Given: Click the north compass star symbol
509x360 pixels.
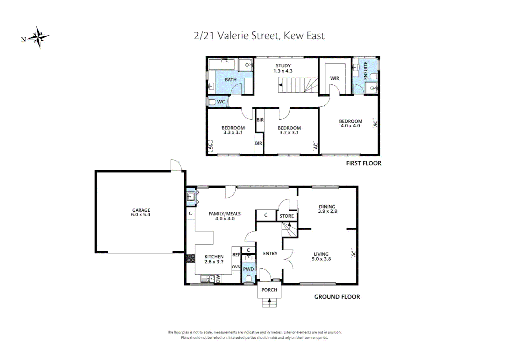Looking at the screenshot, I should coord(39,37).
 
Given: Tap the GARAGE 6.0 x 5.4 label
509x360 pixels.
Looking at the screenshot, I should coord(141,212).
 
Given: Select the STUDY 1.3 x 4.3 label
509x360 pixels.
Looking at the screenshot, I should coord(283,68).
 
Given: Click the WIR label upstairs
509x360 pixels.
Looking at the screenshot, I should coord(335,78).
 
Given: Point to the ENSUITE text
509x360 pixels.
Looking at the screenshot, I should coord(366,70).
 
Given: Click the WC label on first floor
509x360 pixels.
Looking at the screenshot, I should coord(221,102).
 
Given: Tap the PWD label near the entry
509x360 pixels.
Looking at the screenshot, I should coord(249,269).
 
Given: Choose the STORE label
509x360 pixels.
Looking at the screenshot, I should coord(286,216).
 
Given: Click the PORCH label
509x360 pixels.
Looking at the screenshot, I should coord(269,290).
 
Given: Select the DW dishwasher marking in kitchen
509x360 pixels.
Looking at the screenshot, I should coord(218,279).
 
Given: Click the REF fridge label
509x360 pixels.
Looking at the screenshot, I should coord(236,255).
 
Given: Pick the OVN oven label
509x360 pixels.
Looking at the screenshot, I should coord(236,267).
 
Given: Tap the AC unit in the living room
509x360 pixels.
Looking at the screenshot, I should coord(353,253).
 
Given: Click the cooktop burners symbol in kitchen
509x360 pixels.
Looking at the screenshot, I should coord(191,258).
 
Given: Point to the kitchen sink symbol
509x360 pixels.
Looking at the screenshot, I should coord(208,279).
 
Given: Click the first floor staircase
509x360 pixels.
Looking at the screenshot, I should coord(298,85).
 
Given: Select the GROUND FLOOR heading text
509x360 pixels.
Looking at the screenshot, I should coord(337,297).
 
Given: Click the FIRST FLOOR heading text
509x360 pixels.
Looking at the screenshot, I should coord(363,163).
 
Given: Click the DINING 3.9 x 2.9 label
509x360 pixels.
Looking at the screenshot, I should coord(327,209).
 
